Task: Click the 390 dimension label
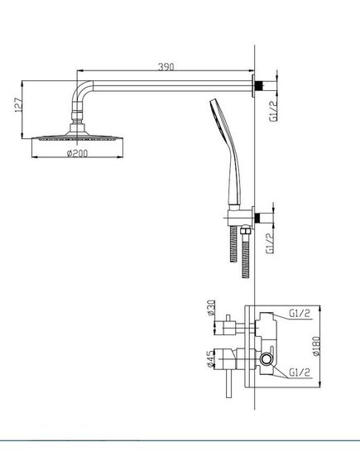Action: pos(166,67)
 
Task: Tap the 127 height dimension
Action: pos(18,105)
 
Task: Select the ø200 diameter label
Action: pos(78,153)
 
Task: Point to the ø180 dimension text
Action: pos(316,346)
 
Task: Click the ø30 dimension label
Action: pos(211,308)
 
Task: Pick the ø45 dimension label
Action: pos(211,358)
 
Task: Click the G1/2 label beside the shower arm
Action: pos(274,111)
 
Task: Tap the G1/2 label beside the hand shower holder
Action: pos(270,244)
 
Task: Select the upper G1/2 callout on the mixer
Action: pos(299,313)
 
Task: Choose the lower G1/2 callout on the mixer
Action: pos(299,372)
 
